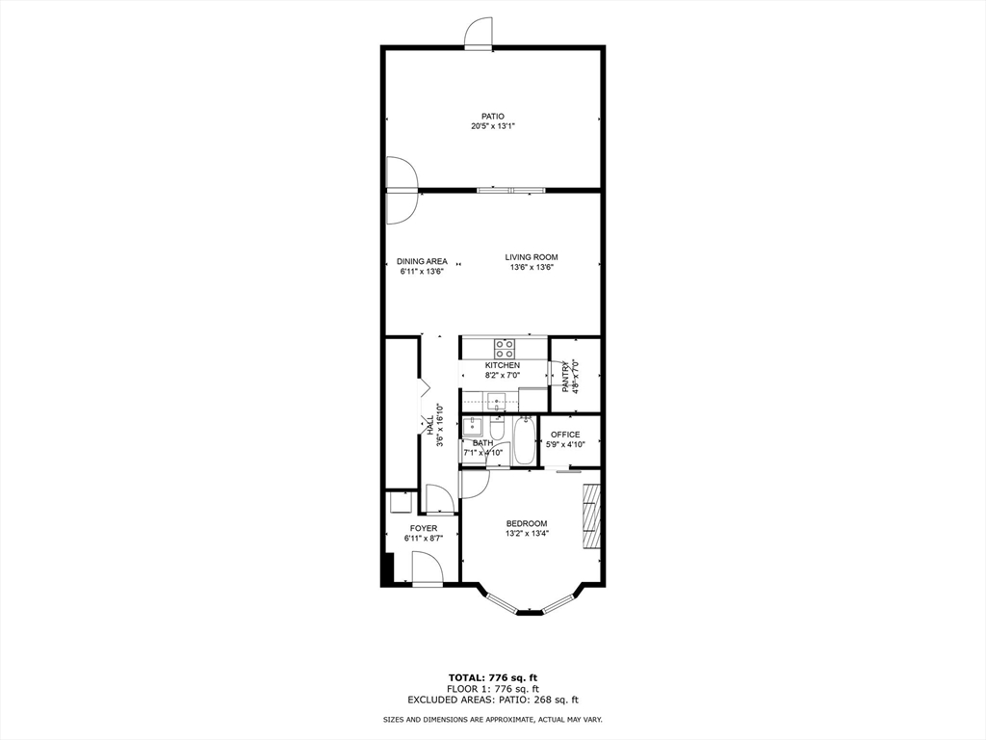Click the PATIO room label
pyautogui.click(x=493, y=117)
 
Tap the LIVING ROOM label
pyautogui.click(x=532, y=257)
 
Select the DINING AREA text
pyautogui.click(x=422, y=261)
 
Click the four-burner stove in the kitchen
pyautogui.click(x=505, y=347)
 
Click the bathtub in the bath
pyautogui.click(x=525, y=440)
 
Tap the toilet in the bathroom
pyautogui.click(x=498, y=426)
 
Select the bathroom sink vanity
pyautogui.click(x=472, y=428)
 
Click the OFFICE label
pyautogui.click(x=565, y=435)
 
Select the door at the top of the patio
pyautogui.click(x=480, y=34)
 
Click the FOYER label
pyautogui.click(x=424, y=528)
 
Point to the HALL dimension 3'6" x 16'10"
pyautogui.click(x=440, y=425)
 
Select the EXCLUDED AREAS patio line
pyautogui.click(x=493, y=700)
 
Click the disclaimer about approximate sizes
pyautogui.click(x=493, y=720)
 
